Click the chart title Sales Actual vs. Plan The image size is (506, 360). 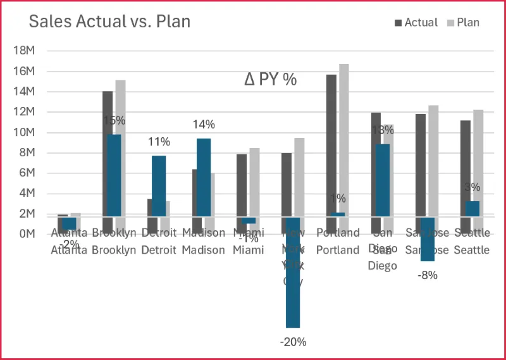[x=109, y=22]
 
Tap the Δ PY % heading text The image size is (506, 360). [x=271, y=80]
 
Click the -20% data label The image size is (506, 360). [x=293, y=342]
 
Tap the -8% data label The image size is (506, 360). [x=428, y=275]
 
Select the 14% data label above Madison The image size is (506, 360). [x=204, y=125]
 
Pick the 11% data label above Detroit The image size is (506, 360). [x=159, y=142]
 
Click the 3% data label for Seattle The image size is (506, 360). [x=472, y=187]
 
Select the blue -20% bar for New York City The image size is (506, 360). [x=293, y=272]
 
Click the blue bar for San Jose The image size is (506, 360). [x=428, y=239]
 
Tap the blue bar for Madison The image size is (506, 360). [x=204, y=177]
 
